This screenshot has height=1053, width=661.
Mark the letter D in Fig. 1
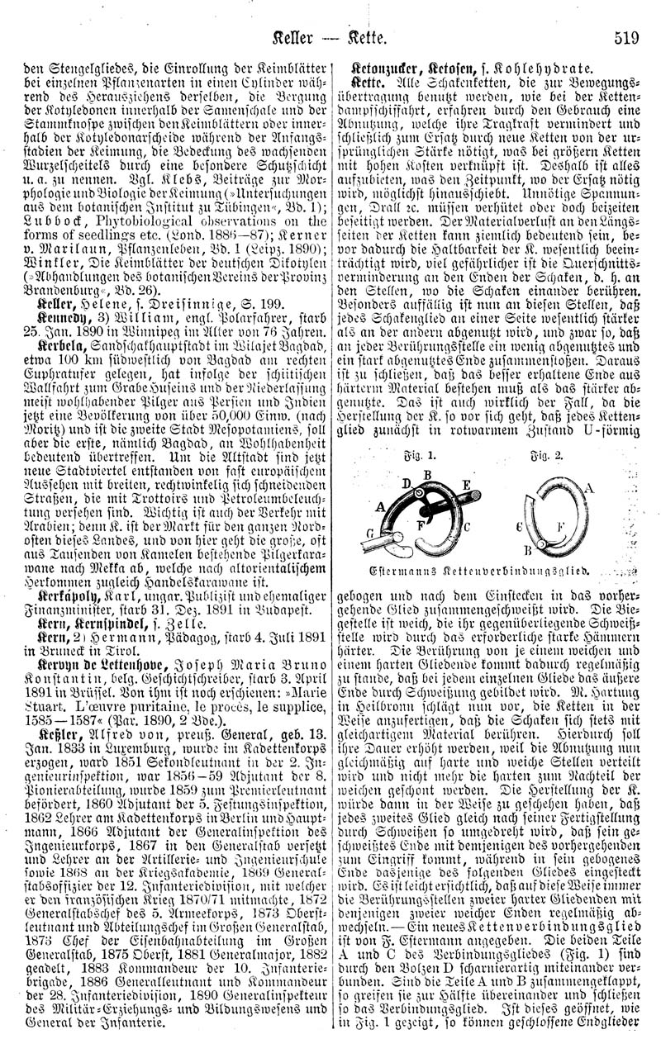[405, 481]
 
